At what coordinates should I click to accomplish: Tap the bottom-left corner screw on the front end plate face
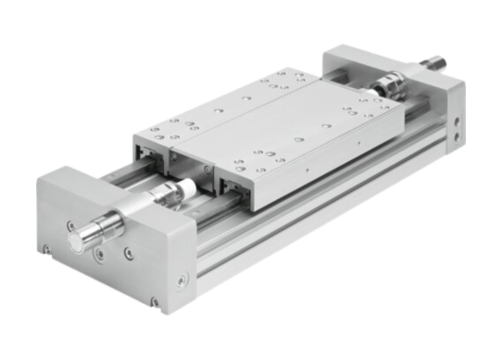(x=47, y=249)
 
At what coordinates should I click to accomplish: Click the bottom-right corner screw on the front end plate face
(x=154, y=301)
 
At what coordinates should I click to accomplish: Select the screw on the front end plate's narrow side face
(x=183, y=279)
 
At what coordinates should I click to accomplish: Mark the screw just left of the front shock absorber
(x=69, y=225)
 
